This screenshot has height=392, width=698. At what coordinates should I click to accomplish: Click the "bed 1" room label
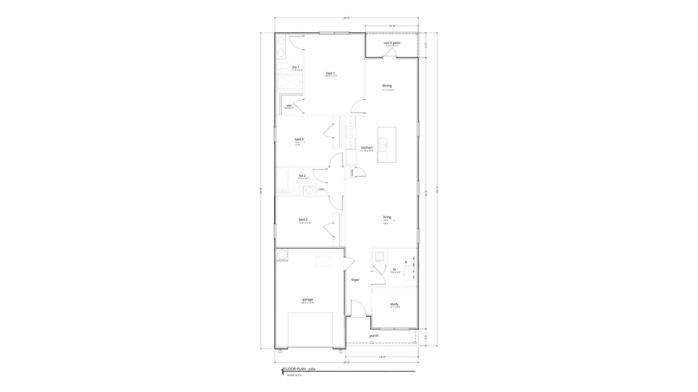click(330, 73)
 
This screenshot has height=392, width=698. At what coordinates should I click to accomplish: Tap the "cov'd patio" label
click(392, 42)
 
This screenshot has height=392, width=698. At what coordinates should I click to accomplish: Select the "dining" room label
click(387, 85)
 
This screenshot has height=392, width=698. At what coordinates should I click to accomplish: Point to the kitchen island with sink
click(387, 145)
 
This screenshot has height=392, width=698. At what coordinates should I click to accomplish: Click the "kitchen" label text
click(366, 148)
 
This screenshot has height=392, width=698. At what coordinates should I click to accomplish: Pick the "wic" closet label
click(289, 105)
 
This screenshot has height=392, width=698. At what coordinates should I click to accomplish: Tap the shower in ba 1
click(290, 82)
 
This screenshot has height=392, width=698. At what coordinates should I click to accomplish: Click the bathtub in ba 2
click(283, 181)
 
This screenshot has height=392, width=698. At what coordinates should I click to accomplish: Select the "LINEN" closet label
click(322, 189)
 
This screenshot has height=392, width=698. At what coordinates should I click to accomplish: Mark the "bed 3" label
click(299, 139)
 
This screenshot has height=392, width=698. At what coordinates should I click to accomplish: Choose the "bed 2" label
click(303, 219)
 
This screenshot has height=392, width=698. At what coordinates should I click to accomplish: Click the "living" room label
click(387, 217)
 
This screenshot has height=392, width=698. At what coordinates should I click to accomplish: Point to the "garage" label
click(308, 299)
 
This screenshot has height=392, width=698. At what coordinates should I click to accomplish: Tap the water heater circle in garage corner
click(282, 255)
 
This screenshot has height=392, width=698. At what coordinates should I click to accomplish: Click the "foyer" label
click(355, 280)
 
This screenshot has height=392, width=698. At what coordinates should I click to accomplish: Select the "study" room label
click(394, 304)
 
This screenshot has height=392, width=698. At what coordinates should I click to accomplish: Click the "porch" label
click(374, 335)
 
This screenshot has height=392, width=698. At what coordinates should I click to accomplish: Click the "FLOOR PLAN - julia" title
click(299, 369)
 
